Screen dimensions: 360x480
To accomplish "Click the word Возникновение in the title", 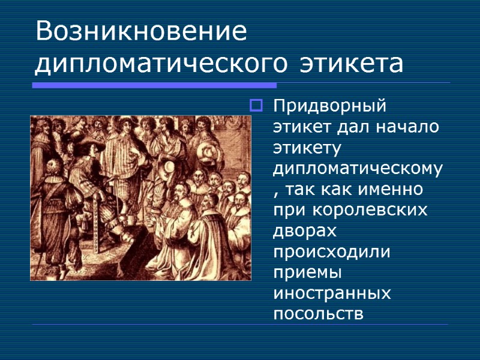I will [x=141, y=31].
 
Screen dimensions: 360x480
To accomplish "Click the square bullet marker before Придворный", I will [x=256, y=107].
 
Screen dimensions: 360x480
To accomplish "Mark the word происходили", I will [x=331, y=251].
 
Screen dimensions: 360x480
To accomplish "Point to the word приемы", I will [x=307, y=272].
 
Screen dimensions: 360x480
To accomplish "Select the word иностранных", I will [x=332, y=293].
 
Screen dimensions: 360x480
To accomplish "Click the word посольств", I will [x=318, y=314].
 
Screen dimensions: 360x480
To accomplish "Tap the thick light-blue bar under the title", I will [x=154, y=85].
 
